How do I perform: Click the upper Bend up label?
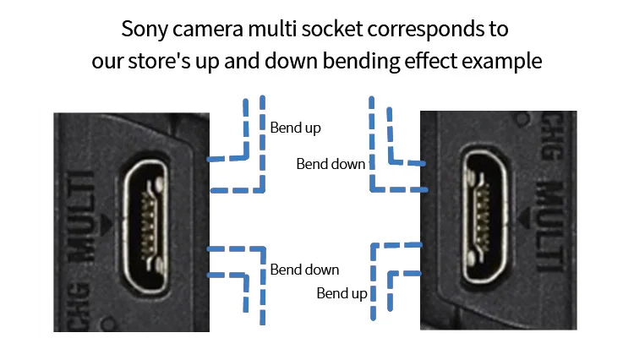tap(295, 128)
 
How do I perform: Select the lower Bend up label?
tap(342, 293)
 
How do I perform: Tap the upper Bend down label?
tap(331, 163)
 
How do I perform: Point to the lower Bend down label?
tap(304, 270)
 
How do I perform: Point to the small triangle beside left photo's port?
tap(104, 223)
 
